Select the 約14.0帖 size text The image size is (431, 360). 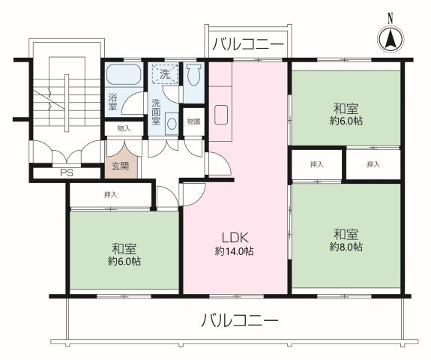(x=233, y=251)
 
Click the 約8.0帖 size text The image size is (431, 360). (x=346, y=247)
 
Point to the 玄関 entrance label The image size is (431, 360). (x=120, y=166)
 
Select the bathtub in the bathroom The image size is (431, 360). (x=122, y=75)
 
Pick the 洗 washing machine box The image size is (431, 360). (x=164, y=73)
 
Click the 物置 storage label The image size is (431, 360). (x=193, y=121)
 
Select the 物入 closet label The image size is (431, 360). (x=124, y=128)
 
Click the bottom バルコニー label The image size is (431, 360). (x=239, y=321)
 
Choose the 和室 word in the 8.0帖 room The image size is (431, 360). (x=346, y=232)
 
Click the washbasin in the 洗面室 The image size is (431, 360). (x=172, y=123)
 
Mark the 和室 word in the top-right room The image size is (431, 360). (x=346, y=106)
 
